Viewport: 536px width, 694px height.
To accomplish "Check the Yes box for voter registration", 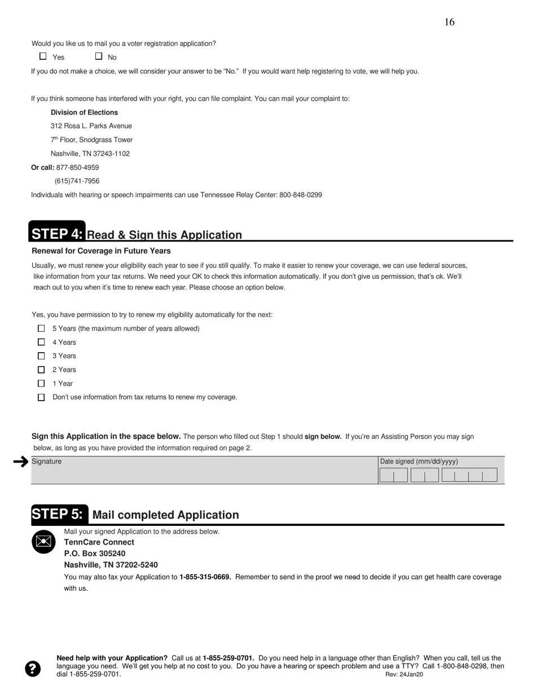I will (x=43, y=56).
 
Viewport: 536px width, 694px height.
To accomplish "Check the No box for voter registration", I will (x=99, y=56).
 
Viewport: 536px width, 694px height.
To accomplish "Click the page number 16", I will (x=449, y=22).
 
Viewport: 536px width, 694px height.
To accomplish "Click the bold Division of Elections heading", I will (x=84, y=112).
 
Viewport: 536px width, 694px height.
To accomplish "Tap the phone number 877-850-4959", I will (x=77, y=168).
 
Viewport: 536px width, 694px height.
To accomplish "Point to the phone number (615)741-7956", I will (x=77, y=181).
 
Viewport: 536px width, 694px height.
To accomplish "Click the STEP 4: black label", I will (x=57, y=234).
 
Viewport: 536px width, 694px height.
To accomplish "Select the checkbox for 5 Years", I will (x=41, y=328).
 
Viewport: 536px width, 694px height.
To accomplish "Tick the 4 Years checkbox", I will (x=41, y=342).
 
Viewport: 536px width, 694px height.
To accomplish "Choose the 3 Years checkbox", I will (x=41, y=356).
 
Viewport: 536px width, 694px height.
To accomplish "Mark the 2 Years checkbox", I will (x=41, y=370).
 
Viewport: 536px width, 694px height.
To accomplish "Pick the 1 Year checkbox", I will (x=41, y=384).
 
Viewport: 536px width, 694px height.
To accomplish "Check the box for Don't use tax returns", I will (x=41, y=397).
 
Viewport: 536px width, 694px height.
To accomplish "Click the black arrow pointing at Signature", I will (x=21, y=462).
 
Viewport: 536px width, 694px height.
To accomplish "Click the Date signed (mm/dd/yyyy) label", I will (x=419, y=462).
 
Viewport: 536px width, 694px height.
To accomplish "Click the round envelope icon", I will (x=43, y=542).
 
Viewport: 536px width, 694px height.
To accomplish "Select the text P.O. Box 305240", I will (x=95, y=554).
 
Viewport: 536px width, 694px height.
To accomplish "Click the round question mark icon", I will (x=33, y=669).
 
